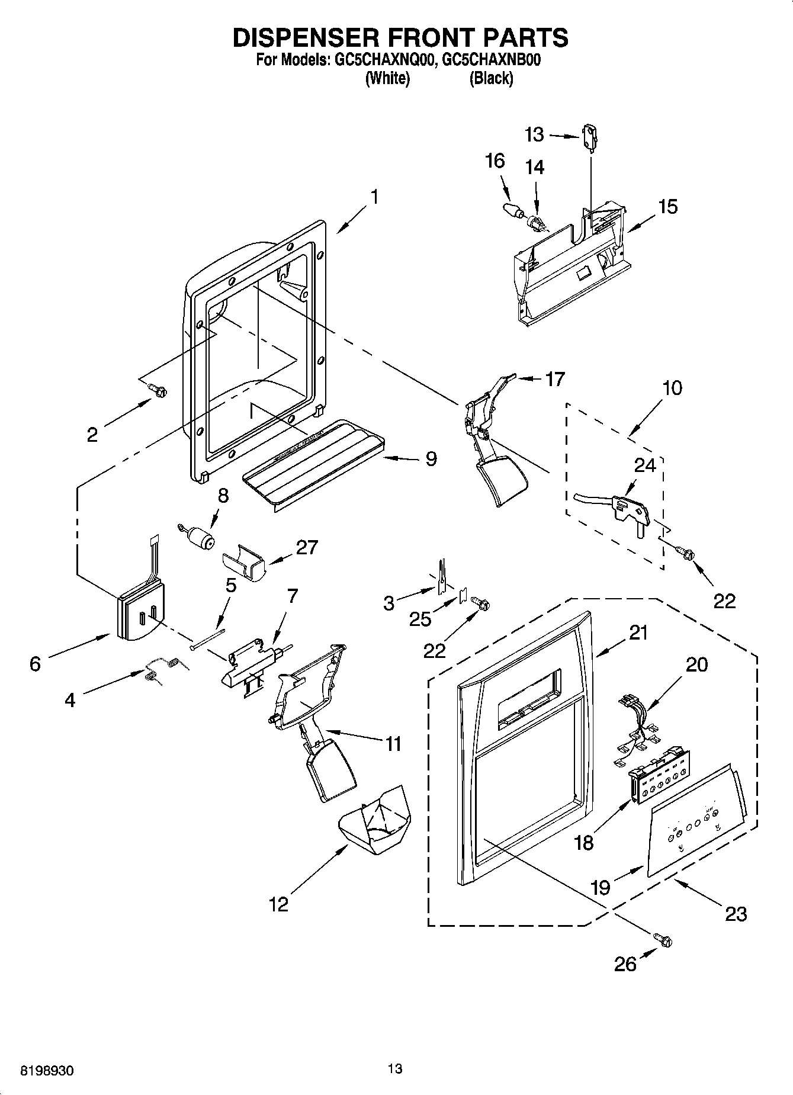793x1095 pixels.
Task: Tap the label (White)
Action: point(387,78)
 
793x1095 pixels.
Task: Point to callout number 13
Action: point(534,135)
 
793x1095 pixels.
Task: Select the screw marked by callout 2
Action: point(159,390)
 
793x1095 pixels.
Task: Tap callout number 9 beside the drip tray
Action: point(431,458)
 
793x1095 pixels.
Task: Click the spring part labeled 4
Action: point(163,669)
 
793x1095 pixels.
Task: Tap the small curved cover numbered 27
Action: point(243,567)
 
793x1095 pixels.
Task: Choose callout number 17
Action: point(555,379)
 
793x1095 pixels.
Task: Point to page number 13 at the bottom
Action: point(395,1069)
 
